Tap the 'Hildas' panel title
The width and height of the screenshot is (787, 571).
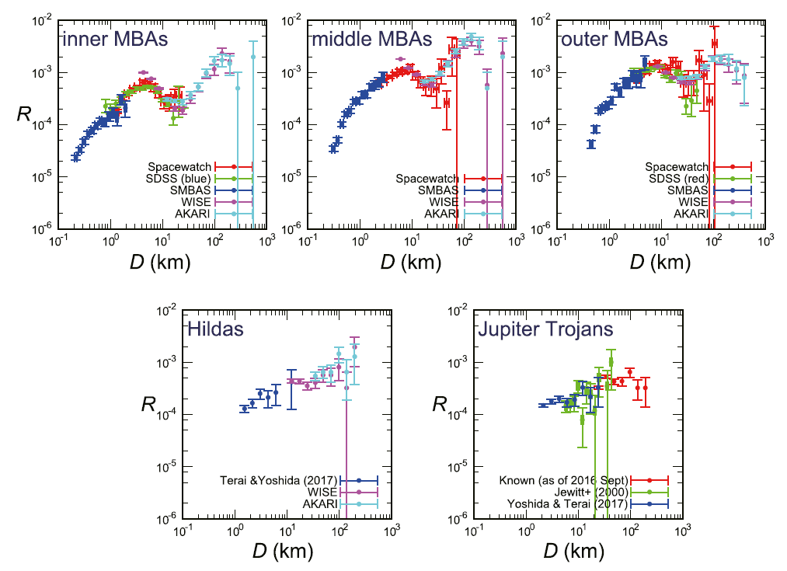(x=215, y=329)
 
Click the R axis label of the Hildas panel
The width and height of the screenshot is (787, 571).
(x=148, y=405)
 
